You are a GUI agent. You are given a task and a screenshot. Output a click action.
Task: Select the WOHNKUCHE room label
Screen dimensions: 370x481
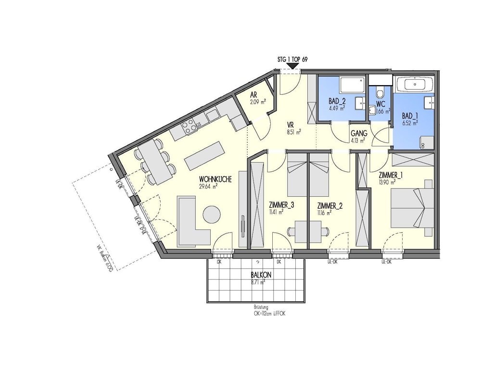point(215,179)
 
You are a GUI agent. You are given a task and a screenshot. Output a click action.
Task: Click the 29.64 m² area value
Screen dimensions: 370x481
point(209,186)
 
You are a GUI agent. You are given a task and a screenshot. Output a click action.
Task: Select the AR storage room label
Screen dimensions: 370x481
point(254,96)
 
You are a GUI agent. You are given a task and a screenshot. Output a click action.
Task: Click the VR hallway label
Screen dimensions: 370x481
point(291,124)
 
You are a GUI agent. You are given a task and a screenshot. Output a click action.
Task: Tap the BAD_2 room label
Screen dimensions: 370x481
point(337,101)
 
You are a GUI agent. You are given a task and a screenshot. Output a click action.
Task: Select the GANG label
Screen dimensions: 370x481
point(358,134)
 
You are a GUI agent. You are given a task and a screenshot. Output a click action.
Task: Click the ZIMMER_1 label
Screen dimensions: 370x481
point(390,176)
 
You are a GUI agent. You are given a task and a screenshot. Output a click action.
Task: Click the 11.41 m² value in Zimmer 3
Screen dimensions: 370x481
point(276,212)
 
